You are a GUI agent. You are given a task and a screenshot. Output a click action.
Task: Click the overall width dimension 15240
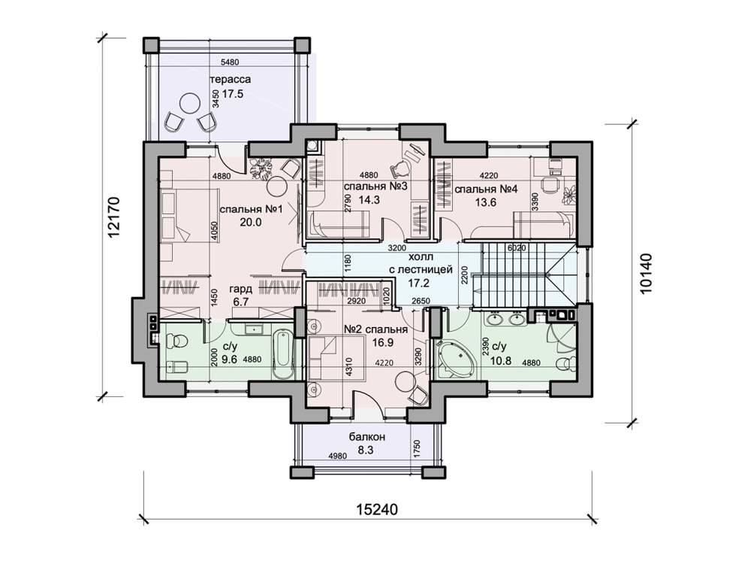pos(377,509)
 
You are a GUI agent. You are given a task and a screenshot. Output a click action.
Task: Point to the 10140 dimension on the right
pos(646,274)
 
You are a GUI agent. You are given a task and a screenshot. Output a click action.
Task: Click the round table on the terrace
pos(190,102)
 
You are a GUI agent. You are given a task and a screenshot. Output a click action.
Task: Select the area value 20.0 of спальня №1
pos(251,222)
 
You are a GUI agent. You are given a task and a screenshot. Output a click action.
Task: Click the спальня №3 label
pos(375,186)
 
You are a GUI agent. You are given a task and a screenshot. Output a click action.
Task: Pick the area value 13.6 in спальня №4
pos(486,202)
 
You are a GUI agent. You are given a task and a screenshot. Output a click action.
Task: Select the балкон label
pos(367,437)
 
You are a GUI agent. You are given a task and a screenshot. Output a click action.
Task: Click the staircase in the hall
pos(525,274)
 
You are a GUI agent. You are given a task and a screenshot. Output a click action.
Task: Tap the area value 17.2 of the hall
pos(418,283)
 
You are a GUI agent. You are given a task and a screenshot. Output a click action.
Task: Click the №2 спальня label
pos(376,329)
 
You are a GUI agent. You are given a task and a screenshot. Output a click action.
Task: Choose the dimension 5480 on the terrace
pos(230,62)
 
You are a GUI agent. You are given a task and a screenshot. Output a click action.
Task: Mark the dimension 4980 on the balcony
pos(337,456)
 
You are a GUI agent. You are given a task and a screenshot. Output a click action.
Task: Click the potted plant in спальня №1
pos(261,168)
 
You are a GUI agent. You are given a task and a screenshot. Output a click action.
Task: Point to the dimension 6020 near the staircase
pos(517,248)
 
